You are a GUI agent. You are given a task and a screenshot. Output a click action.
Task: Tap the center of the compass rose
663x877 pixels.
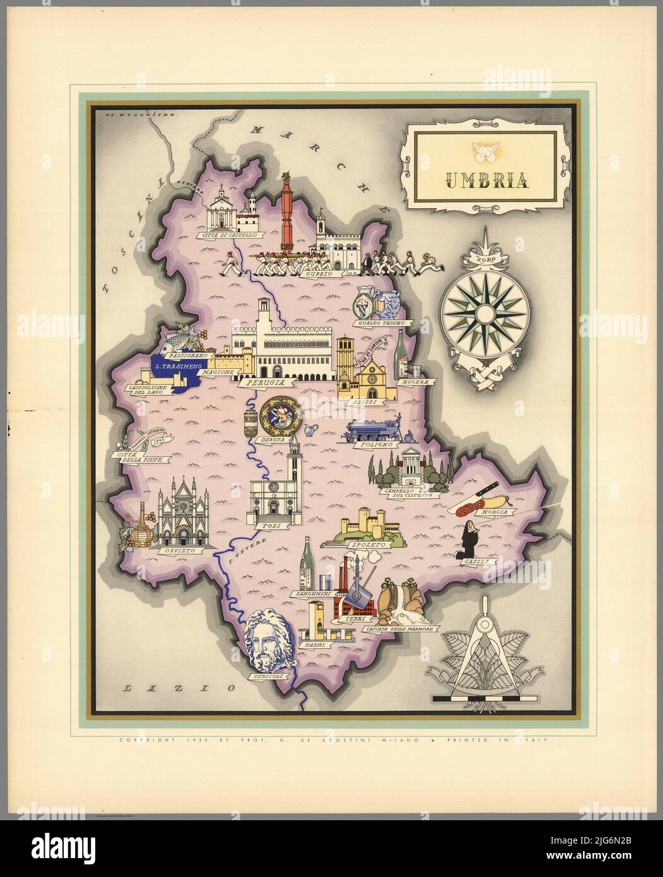pos(485,314)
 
